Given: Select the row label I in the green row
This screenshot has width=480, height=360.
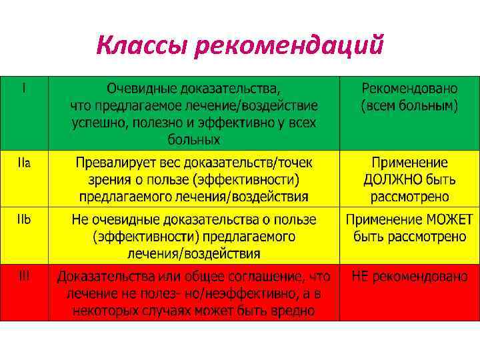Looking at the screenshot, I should tap(24, 87).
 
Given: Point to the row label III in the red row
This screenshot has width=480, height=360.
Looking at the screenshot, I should tap(24, 276).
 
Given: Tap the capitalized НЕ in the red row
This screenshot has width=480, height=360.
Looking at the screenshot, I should tap(361, 277).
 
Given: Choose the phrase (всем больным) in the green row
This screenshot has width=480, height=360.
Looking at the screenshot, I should tap(409, 105).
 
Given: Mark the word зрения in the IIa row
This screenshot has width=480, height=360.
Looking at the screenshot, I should tap(108, 179).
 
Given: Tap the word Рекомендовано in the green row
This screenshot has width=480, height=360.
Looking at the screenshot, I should tap(409, 88).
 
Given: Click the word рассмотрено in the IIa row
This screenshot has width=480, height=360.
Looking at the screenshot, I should tap(409, 197).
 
